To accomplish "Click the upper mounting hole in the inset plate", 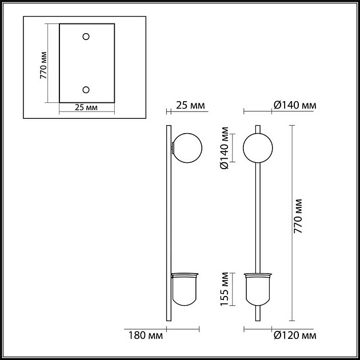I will point(86,37).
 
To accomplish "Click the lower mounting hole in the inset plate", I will point(86,89).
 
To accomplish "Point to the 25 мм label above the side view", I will point(190,105).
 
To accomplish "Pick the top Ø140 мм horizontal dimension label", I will point(294,105).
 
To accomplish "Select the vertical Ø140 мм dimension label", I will point(225,148).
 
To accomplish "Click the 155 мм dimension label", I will point(225,291).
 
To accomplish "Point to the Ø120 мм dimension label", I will point(294,335).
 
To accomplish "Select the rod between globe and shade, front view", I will point(258,217).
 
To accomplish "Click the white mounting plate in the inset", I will point(86,63).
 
